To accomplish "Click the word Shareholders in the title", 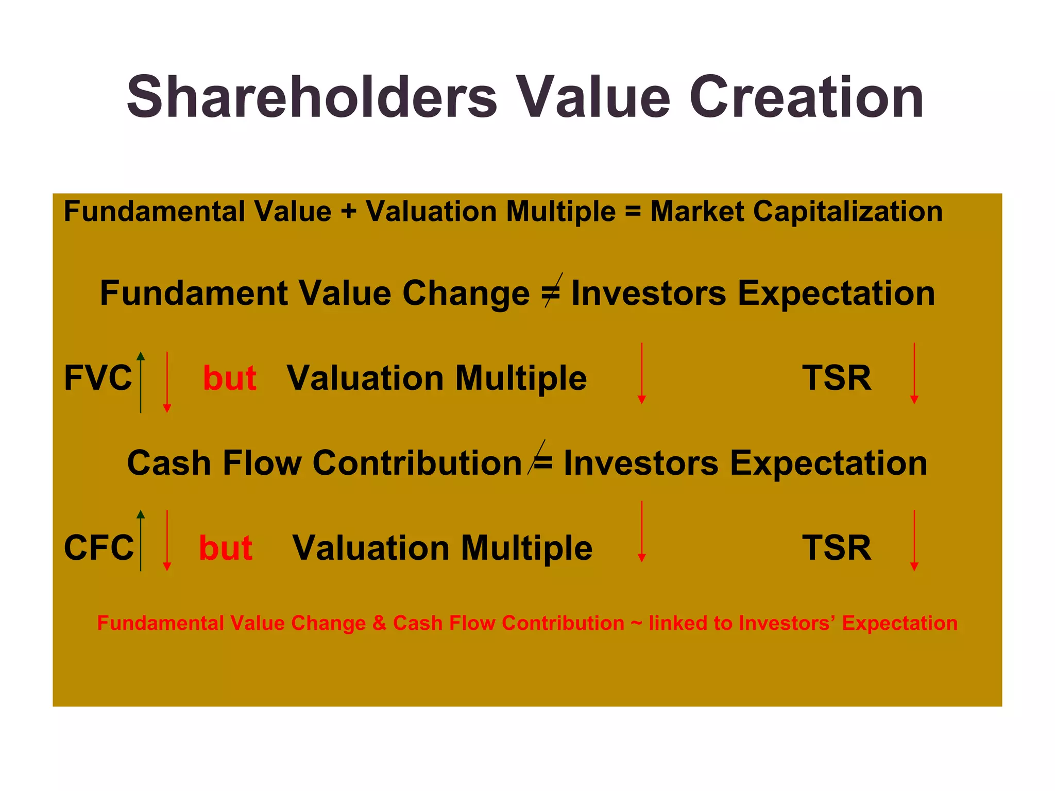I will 312,98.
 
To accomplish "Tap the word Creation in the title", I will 806,98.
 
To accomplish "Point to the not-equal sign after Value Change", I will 551,292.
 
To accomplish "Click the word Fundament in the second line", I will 193,293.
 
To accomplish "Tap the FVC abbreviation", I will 98,378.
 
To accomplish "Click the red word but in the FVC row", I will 230,378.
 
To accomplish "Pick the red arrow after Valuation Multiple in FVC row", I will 641,373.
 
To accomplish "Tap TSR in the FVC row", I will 837,378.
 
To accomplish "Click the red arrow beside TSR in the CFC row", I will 914,540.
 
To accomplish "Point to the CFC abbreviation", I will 98,547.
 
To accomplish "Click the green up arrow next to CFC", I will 141,540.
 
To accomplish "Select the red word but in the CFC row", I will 226,547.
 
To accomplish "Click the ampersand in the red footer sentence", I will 379,623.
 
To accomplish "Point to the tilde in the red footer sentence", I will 636,624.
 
